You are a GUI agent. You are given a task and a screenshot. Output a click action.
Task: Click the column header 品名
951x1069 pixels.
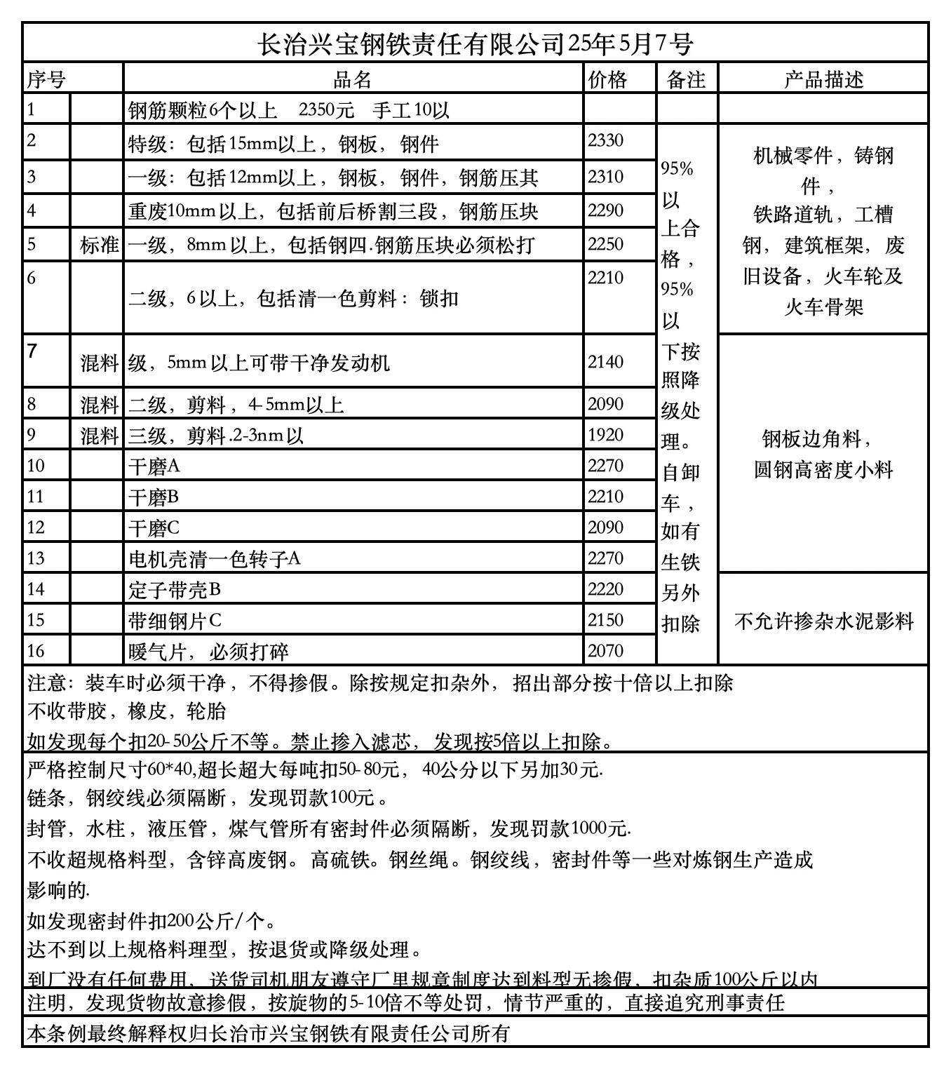[352, 79]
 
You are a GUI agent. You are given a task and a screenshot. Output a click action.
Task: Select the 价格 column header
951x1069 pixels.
[607, 79]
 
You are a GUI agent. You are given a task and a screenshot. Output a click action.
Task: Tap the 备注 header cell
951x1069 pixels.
[686, 79]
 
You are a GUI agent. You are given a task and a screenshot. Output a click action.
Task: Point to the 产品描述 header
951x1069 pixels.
[823, 79]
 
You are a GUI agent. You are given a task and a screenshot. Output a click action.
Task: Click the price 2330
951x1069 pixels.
[605, 140]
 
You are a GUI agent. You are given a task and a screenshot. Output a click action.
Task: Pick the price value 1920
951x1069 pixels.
[605, 435]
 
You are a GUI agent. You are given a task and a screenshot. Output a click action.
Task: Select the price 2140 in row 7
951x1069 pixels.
[605, 362]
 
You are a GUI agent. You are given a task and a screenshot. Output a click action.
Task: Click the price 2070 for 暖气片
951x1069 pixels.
[605, 651]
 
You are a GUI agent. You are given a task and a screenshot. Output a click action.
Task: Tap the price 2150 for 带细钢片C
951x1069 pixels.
[605, 620]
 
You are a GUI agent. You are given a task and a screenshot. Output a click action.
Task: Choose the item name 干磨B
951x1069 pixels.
[154, 497]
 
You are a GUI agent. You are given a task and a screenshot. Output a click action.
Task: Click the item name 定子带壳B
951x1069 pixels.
[175, 590]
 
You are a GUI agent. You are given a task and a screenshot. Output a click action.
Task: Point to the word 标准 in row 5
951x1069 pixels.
[99, 245]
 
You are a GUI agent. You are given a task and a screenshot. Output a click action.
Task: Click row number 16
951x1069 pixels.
[36, 651]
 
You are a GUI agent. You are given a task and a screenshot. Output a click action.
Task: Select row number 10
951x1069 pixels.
[36, 466]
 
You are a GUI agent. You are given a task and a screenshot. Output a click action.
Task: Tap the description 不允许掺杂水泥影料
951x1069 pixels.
[823, 621]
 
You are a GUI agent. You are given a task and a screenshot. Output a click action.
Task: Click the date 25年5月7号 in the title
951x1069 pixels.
[630, 44]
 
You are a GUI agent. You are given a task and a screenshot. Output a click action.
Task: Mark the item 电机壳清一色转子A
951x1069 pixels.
[215, 559]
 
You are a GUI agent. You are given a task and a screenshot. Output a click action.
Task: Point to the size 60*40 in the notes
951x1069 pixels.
[169, 769]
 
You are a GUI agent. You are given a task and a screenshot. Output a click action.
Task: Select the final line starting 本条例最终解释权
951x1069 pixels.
[268, 1033]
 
